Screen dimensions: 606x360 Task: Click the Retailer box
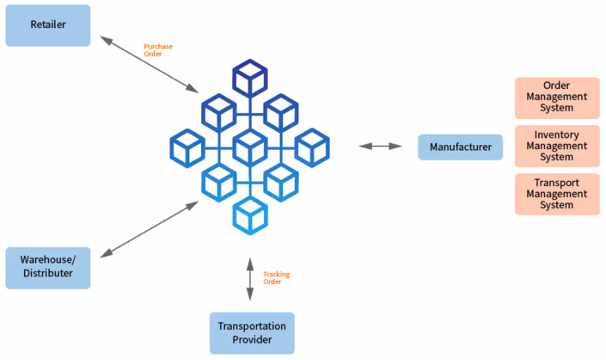click(48, 25)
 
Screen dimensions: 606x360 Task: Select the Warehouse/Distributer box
click(48, 268)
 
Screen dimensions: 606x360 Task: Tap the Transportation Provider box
click(252, 333)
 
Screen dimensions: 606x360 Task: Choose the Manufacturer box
click(460, 147)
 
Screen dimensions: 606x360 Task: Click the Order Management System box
click(557, 98)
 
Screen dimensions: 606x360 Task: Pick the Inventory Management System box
click(557, 146)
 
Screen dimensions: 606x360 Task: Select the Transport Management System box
click(557, 194)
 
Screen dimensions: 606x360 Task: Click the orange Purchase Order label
click(158, 50)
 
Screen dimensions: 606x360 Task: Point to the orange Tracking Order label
click(276, 278)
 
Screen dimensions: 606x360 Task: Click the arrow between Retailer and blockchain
click(149, 64)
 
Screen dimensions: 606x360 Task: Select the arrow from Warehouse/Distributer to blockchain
click(149, 229)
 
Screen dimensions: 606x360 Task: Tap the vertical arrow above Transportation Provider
click(250, 279)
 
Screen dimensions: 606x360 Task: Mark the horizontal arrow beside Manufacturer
click(380, 146)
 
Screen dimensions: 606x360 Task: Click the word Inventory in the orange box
click(557, 135)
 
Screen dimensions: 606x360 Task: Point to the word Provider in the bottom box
click(252, 339)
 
